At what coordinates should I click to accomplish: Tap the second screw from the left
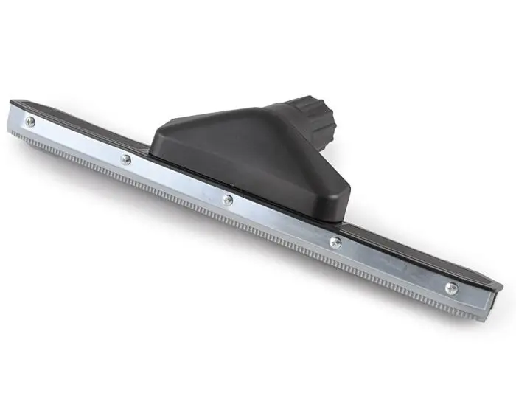126,159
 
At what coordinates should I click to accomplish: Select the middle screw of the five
228,199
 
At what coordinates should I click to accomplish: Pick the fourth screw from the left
335,242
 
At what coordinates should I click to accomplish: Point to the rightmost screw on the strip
451,288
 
